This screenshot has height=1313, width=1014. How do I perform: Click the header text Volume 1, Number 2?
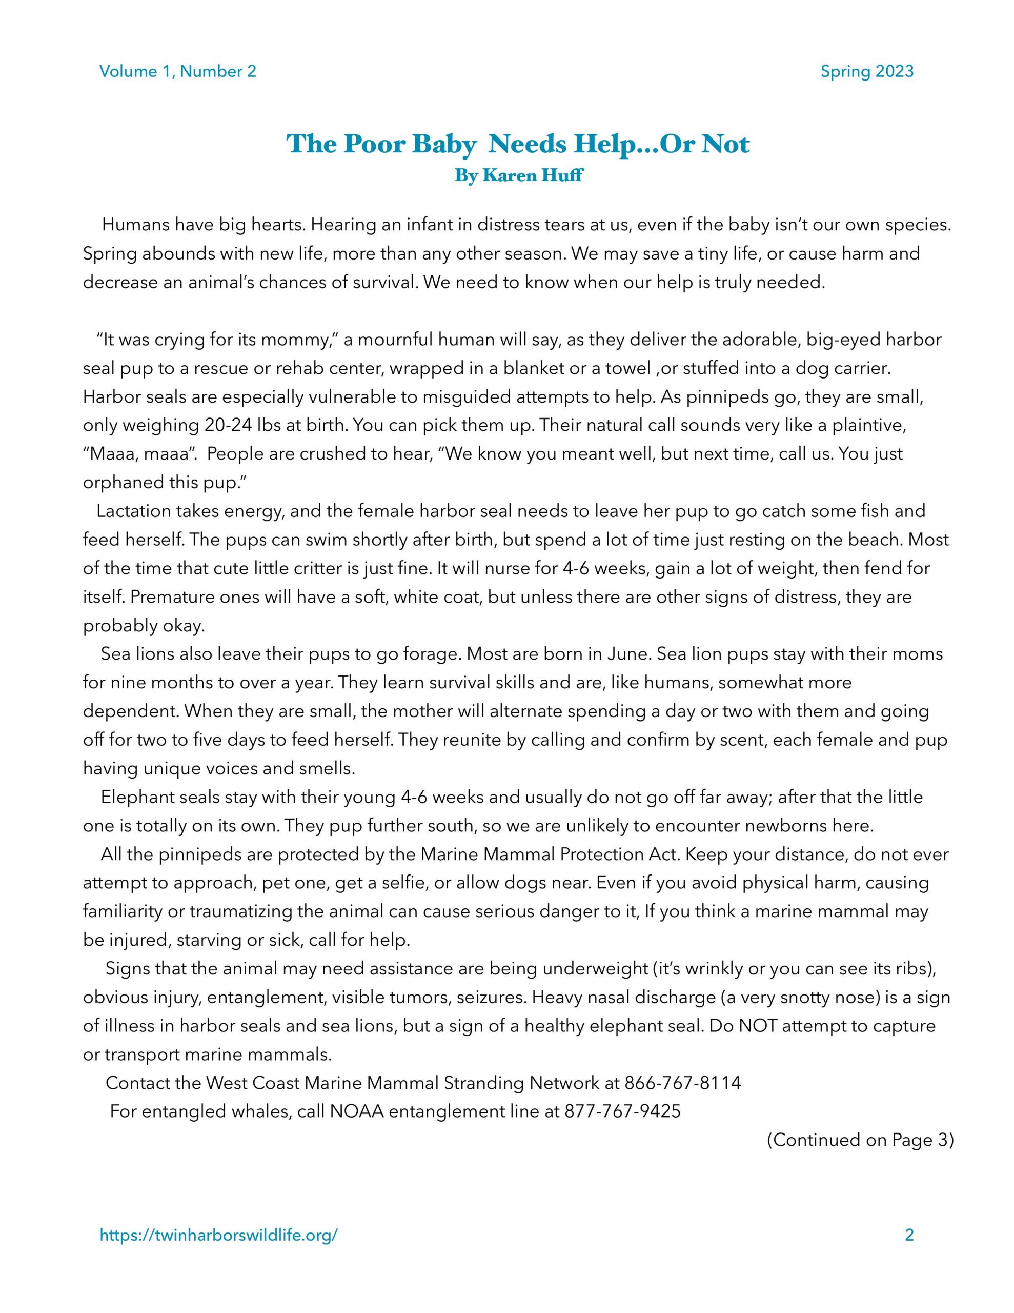point(178,71)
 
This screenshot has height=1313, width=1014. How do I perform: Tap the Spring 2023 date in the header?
point(867,71)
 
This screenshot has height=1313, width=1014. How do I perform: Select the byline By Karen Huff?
point(518,176)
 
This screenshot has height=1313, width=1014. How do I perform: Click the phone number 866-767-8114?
point(683,1083)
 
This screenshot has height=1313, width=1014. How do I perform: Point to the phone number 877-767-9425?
point(622,1111)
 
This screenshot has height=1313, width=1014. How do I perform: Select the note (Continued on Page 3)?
point(860,1140)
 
